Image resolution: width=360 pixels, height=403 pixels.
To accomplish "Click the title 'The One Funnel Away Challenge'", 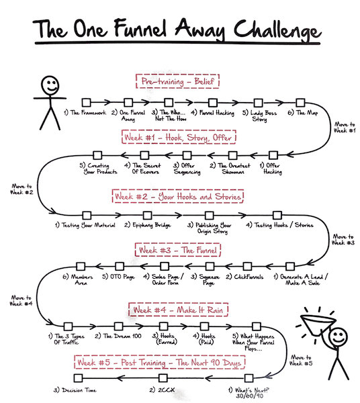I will click(180, 30).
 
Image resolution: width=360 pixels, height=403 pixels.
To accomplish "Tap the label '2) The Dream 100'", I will click(116, 334).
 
